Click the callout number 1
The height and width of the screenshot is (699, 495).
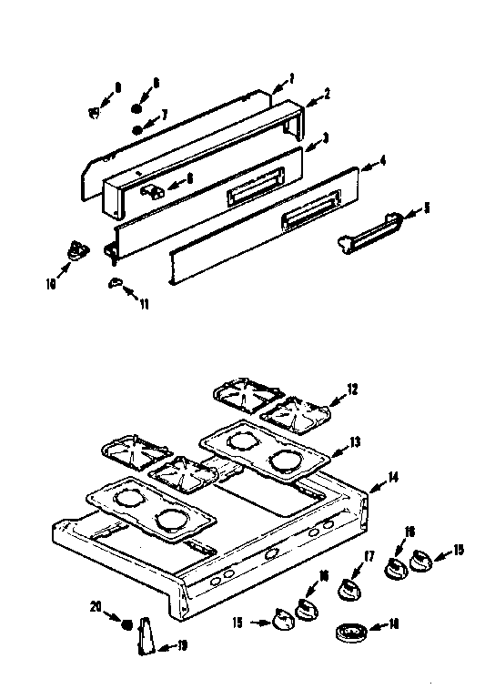click(x=291, y=78)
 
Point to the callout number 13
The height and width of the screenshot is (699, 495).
click(x=356, y=441)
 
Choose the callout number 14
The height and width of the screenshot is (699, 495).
click(x=393, y=477)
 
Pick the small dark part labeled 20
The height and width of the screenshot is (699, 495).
click(x=127, y=623)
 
